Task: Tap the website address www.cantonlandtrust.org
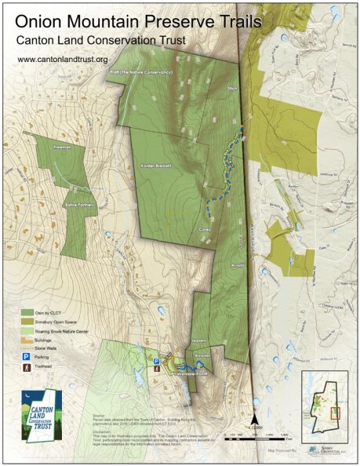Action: tap(62, 59)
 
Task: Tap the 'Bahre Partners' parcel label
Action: tap(78, 205)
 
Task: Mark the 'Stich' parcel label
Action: tap(231, 89)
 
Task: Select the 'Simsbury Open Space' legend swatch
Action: tap(27, 322)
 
